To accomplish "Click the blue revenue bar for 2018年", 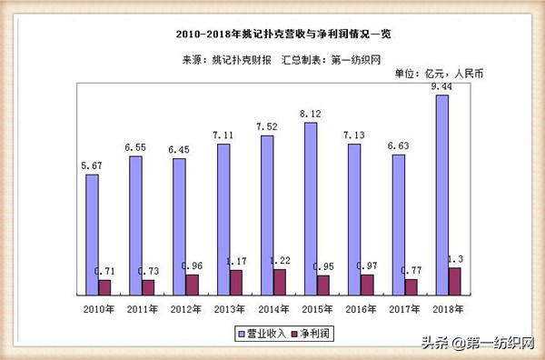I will (442, 195).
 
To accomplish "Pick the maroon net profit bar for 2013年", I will (236, 282).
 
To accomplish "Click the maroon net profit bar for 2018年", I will (454, 281).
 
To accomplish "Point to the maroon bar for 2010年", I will (105, 287).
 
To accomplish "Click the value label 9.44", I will (442, 86).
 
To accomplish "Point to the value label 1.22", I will (279, 260).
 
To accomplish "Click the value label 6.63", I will (398, 146).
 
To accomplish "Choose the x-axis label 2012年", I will (185, 310).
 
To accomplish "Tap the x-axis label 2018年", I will (447, 310).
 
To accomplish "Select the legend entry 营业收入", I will (264, 334).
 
